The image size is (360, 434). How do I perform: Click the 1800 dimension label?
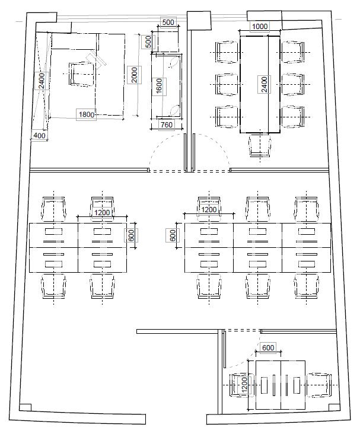tap(87, 114)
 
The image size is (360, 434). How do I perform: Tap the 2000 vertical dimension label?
tap(134, 75)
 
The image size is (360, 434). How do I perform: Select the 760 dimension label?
tap(167, 125)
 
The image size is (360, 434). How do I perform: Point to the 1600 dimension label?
tap(159, 87)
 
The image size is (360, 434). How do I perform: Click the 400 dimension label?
tap(39, 135)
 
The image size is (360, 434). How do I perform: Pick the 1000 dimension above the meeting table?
tap(260, 26)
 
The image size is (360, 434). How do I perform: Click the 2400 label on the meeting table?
tap(264, 84)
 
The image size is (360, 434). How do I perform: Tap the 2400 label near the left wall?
tap(42, 81)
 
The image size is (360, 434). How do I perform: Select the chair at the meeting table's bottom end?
tap(260, 145)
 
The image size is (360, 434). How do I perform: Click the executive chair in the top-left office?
tap(82, 74)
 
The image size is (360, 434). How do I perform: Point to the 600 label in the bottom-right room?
tap(268, 347)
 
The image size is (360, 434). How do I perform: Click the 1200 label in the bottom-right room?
tap(244, 385)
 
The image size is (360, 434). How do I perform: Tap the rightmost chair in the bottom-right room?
tap(318, 385)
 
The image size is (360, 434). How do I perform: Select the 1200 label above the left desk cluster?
tap(102, 213)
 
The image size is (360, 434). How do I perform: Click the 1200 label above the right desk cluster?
tap(209, 209)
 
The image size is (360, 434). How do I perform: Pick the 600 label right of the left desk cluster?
tap(131, 235)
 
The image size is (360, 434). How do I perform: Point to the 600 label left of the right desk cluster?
tap(173, 235)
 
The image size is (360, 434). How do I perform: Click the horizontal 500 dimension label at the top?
tap(168, 22)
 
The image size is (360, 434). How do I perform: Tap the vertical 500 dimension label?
tap(148, 42)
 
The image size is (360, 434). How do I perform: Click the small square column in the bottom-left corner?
tap(25, 407)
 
